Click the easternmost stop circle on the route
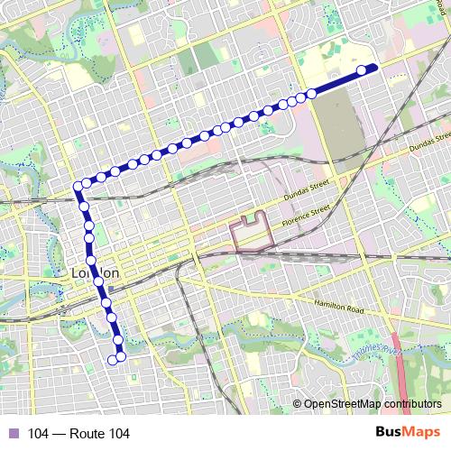pos(362,70)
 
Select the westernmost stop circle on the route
pos(78,186)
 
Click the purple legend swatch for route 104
pos(13,434)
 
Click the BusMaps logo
pos(408,433)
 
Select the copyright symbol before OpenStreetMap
pos(298,404)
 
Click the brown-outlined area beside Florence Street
pos(253,233)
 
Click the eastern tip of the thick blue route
pos(375,67)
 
